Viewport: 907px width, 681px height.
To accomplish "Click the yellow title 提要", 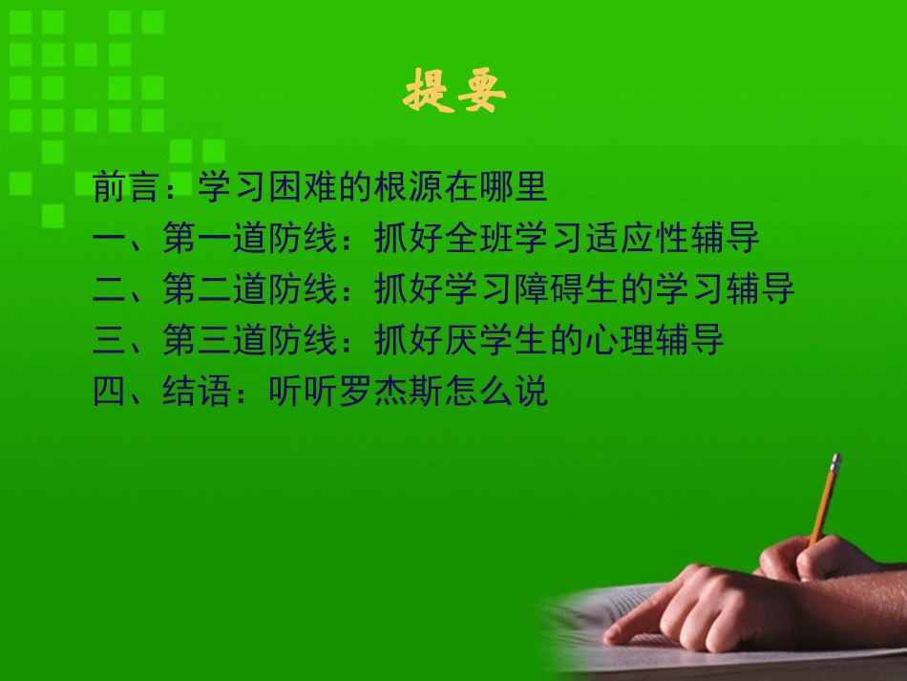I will (454, 93).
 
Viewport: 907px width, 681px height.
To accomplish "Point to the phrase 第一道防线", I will (250, 239).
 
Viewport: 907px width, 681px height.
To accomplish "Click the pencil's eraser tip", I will (836, 459).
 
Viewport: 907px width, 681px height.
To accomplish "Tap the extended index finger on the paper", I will (635, 626).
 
